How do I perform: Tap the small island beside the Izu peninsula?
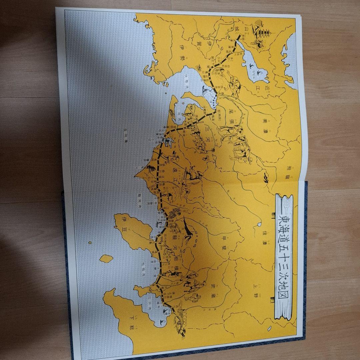[106, 259]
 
